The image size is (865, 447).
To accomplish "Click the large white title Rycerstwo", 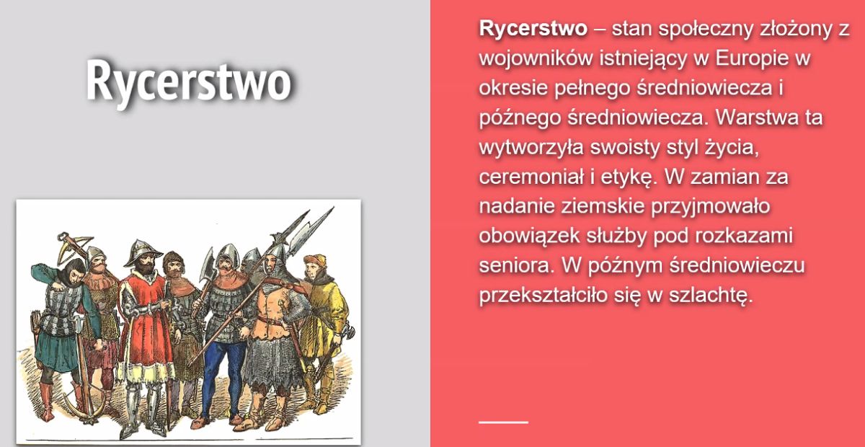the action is tap(188, 83).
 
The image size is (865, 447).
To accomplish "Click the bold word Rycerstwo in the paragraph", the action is tap(533, 29).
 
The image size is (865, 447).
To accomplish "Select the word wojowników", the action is tap(536, 58).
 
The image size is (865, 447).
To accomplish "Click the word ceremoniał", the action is tap(531, 177).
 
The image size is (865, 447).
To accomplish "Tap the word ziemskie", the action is tap(603, 206).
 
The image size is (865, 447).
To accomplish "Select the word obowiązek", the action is tap(529, 236).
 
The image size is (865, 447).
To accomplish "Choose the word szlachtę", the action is tap(711, 296).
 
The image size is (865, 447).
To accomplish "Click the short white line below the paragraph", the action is tap(504, 422).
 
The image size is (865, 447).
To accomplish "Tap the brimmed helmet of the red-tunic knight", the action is tap(143, 252).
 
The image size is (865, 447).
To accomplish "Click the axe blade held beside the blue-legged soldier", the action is tap(208, 267).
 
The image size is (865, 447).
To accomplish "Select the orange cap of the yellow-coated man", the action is tap(315, 260).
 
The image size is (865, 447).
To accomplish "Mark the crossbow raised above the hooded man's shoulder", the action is tap(74, 247).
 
